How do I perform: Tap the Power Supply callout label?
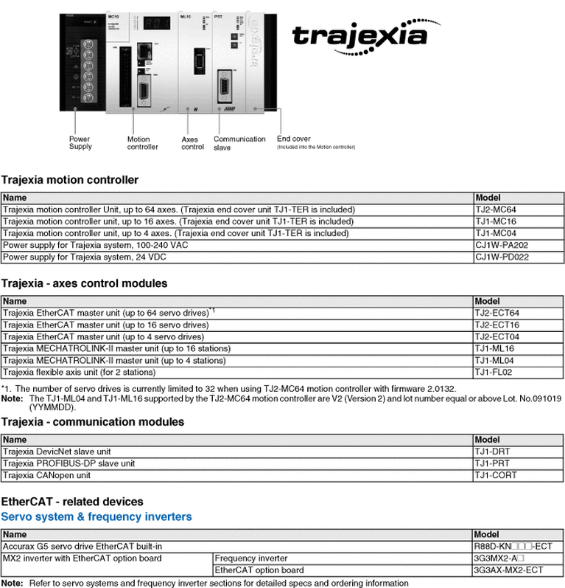80,142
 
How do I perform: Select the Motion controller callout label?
142,142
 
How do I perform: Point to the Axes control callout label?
192,143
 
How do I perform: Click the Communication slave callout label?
239,143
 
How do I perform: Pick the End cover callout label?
294,139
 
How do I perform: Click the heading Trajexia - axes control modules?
84,283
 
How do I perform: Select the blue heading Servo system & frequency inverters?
96,516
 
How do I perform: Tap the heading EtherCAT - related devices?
72,502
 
